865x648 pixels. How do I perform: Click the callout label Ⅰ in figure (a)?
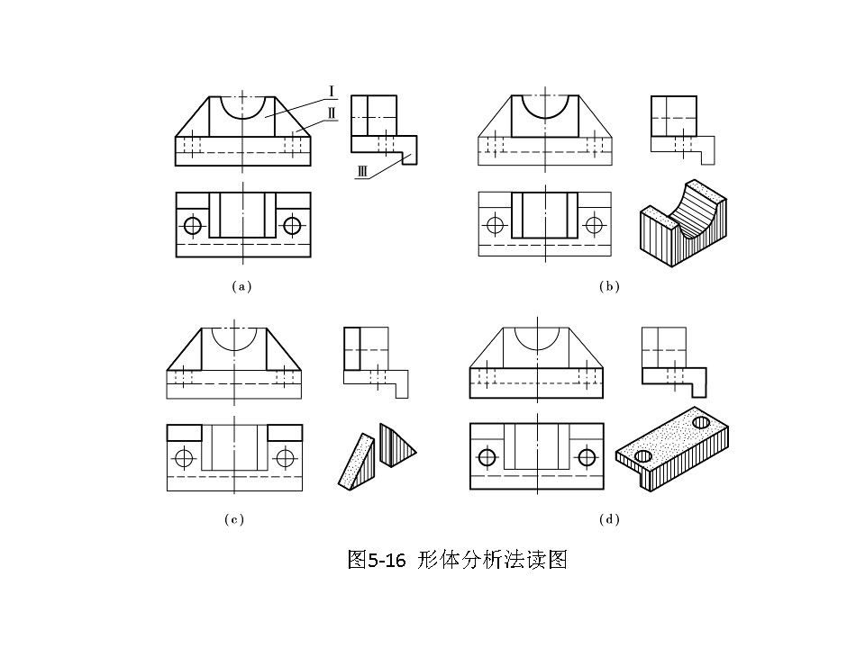click(x=332, y=90)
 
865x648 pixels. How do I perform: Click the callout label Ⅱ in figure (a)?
click(x=332, y=113)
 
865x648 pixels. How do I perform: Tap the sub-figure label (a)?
click(x=241, y=286)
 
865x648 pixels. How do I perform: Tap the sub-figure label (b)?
click(x=610, y=286)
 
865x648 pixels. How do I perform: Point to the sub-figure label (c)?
click(x=234, y=519)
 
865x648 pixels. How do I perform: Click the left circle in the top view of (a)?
click(x=192, y=225)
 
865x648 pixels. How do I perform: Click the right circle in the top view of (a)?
click(x=292, y=225)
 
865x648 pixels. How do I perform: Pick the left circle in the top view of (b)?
click(x=495, y=225)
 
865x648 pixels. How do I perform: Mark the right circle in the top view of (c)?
click(x=285, y=457)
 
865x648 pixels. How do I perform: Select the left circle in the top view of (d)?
click(x=487, y=457)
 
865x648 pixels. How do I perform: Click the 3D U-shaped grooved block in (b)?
click(x=682, y=226)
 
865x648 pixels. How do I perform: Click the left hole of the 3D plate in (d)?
click(x=643, y=457)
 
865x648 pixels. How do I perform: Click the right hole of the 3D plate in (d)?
click(x=701, y=421)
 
